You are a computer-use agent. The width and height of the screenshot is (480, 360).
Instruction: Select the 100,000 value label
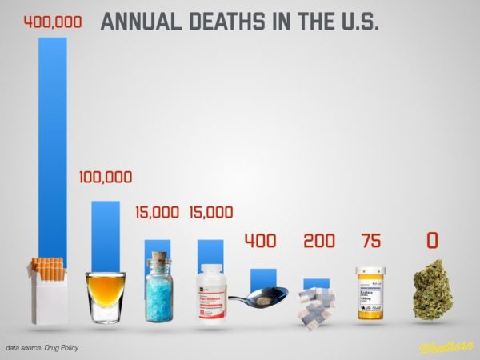[x=106, y=177]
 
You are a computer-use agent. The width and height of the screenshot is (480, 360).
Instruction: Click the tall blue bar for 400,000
[x=54, y=144]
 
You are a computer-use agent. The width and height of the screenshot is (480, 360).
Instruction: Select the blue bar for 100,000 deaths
[x=106, y=232]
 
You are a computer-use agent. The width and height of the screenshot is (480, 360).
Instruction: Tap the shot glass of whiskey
[x=106, y=296]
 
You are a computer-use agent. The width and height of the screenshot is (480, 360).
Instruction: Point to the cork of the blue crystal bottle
[x=158, y=259]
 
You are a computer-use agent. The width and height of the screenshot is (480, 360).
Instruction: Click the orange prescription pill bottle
[x=370, y=294]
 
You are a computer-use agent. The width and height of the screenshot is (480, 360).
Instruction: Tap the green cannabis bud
[x=432, y=289]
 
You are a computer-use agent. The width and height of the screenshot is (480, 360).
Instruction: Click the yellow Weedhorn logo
[x=446, y=347]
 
